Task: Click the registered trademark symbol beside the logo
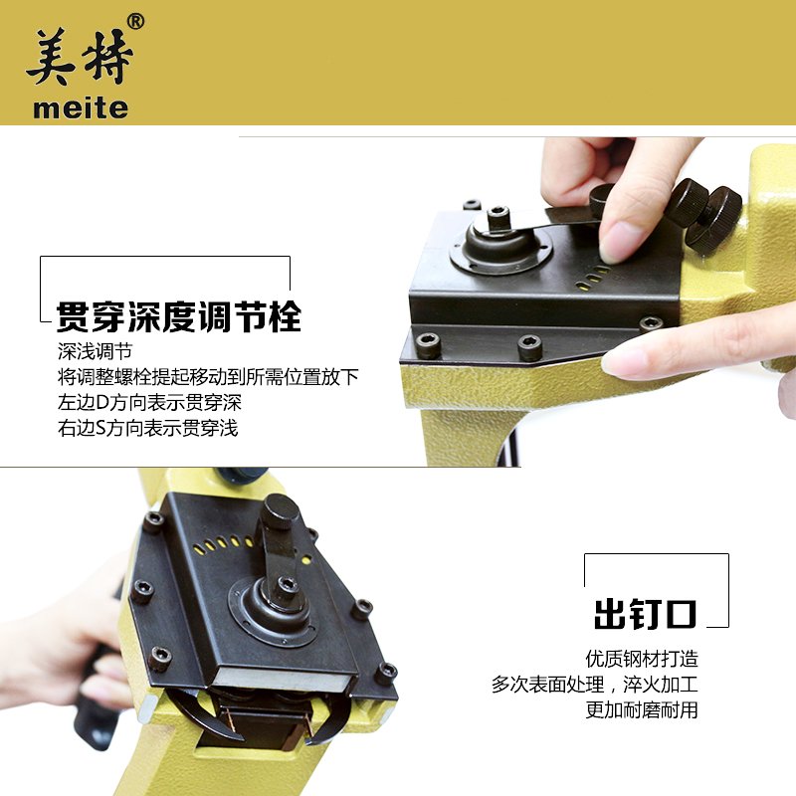tap(135, 21)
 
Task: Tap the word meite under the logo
tap(81, 108)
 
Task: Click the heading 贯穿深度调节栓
tap(179, 316)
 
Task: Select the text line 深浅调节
tap(95, 351)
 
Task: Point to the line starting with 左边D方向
tap(149, 402)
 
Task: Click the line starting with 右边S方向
tap(147, 428)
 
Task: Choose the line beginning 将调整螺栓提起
tap(208, 377)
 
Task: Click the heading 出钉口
tap(645, 614)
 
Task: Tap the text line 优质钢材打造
tap(642, 659)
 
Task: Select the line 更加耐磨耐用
tap(642, 709)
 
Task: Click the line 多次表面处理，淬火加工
tap(594, 685)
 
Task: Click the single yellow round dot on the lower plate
tap(306, 560)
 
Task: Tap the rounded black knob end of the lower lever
tap(280, 509)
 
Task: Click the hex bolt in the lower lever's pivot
tap(288, 584)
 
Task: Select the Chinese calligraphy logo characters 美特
tap(80, 56)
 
